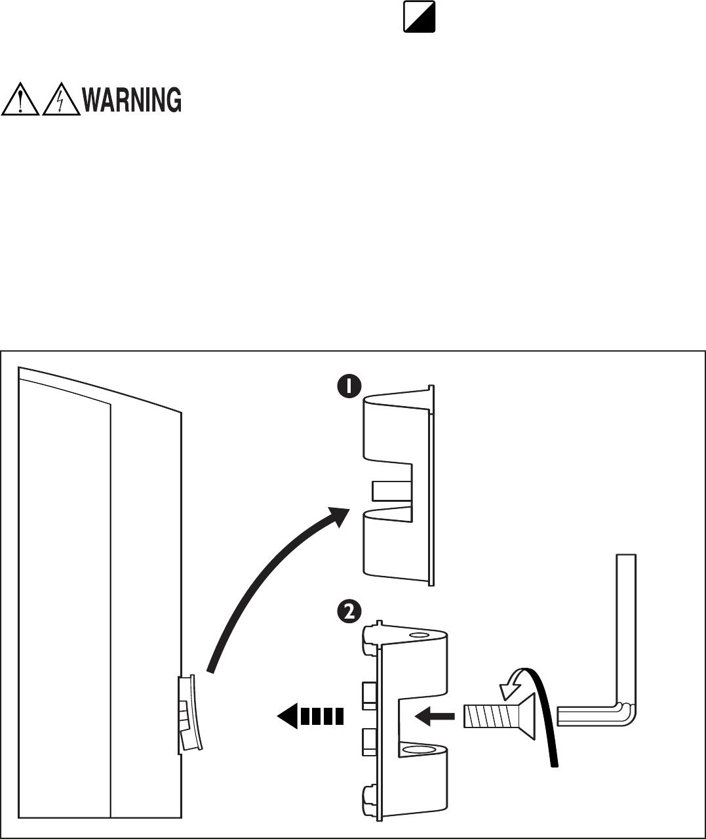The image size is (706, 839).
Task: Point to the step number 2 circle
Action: [x=349, y=611]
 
